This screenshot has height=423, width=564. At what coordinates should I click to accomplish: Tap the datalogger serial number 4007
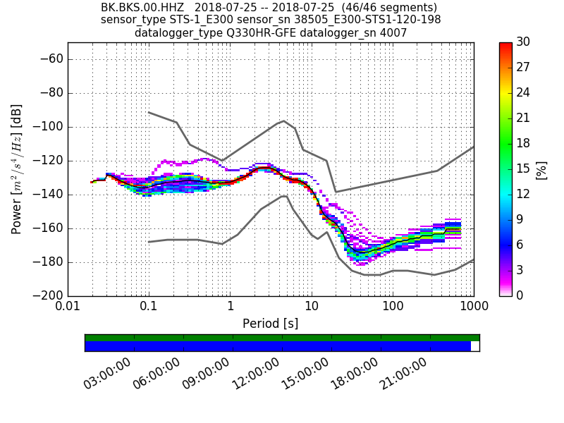pyautogui.click(x=392, y=32)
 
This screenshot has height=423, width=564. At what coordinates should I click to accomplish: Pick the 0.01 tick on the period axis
pyautogui.click(x=68, y=307)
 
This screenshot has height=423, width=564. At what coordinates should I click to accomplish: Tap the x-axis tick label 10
pyautogui.click(x=312, y=307)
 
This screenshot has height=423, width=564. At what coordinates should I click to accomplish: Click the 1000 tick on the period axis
pyautogui.click(x=473, y=307)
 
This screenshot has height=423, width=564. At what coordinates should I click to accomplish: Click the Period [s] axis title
pyautogui.click(x=271, y=324)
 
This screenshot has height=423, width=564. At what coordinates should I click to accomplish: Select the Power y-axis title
pyautogui.click(x=17, y=169)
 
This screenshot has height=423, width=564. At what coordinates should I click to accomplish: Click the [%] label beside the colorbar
pyautogui.click(x=541, y=169)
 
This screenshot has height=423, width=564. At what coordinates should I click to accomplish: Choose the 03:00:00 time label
pyautogui.click(x=107, y=374)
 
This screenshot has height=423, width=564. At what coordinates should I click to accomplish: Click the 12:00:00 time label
pyautogui.click(x=255, y=374)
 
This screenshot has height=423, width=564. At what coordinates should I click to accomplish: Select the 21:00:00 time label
pyautogui.click(x=403, y=374)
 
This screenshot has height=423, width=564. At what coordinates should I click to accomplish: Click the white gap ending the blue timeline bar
pyautogui.click(x=475, y=346)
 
